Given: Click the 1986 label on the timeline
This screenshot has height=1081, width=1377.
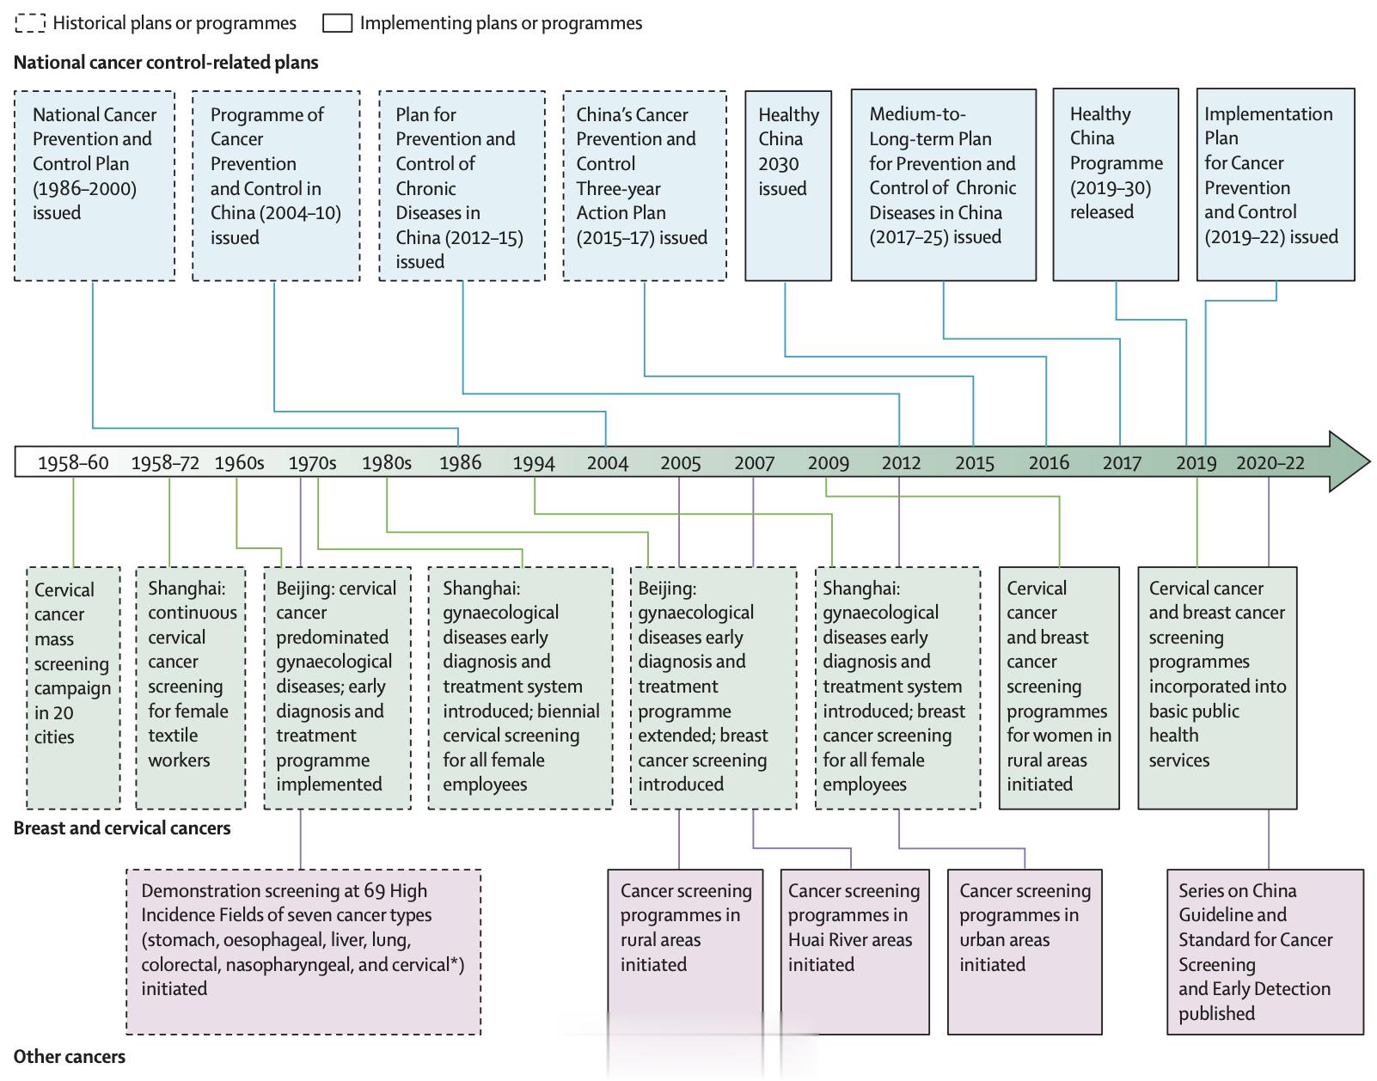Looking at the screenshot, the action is coord(460,463).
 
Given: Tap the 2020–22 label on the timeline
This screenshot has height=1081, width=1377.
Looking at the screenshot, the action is coord(1270,463).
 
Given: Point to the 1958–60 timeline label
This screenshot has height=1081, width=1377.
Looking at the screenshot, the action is coord(73,463).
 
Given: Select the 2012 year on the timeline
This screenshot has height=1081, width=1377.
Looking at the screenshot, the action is coord(901,463).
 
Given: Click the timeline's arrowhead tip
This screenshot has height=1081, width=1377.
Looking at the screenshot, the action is coord(1370,461).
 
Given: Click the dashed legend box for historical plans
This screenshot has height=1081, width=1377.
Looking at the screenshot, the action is coord(30,23).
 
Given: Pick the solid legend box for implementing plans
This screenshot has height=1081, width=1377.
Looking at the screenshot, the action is coord(337,23).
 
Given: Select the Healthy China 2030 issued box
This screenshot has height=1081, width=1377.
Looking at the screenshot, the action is coord(788,186).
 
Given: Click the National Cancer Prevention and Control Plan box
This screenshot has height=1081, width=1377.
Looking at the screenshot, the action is coord(95,186).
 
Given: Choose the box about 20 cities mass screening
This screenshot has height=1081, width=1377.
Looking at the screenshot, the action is coord(74,687).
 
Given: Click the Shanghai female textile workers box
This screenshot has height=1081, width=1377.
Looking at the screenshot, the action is coord(191,687).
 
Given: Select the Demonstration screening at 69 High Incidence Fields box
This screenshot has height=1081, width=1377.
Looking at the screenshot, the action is coord(303,952).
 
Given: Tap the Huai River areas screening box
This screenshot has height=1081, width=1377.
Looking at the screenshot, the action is coord(855,952).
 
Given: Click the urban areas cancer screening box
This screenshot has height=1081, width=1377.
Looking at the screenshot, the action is coord(1025,952).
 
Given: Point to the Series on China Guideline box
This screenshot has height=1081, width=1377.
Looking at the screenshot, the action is coord(1265,952).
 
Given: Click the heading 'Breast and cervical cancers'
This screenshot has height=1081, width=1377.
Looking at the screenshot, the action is coord(122,828).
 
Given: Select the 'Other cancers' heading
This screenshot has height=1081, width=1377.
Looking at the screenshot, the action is coord(69,1056).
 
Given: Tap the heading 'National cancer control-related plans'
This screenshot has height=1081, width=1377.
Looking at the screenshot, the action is coord(165,62).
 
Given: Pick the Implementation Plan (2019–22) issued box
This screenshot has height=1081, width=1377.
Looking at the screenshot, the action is coord(1276,184).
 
